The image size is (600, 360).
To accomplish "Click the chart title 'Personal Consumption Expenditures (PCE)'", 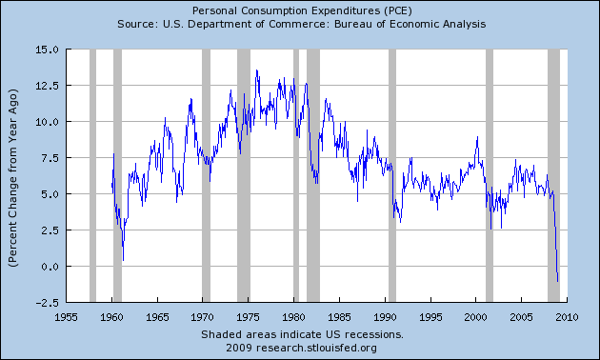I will tap(300, 10).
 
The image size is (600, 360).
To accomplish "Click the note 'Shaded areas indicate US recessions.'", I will tap(302, 334).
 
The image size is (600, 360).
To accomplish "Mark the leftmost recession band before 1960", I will tap(92, 175).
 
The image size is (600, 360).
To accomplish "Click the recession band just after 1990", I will tap(391, 175).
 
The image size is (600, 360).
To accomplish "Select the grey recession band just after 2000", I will tap(490, 175).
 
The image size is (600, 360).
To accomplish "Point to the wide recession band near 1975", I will tap(243, 175).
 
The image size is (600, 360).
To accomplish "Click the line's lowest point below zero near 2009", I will tap(558, 281).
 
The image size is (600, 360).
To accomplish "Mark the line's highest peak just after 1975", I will tap(256, 70).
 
